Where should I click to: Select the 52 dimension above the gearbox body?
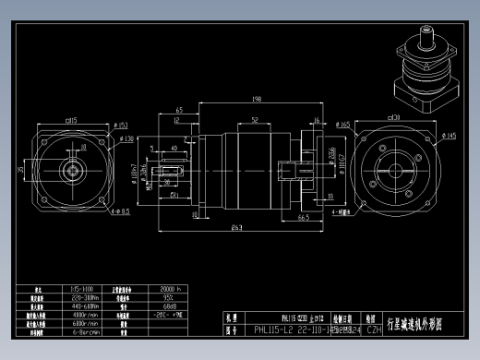pyautogui.click(x=253, y=120)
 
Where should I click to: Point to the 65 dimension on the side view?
pyautogui.click(x=177, y=110)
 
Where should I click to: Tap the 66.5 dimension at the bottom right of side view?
pyautogui.click(x=302, y=219)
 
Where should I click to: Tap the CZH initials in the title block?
pyautogui.click(x=374, y=329)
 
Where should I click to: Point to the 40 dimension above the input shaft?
pyautogui.click(x=175, y=146)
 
